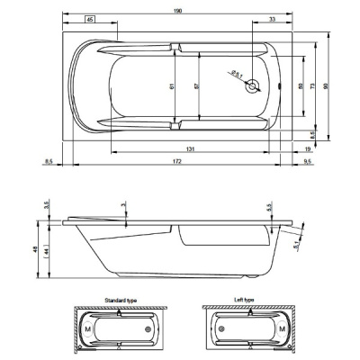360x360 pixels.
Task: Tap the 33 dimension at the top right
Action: [x=271, y=20]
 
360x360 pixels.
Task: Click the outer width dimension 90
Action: [x=339, y=87]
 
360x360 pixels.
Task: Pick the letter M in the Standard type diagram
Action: [x=87, y=328]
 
